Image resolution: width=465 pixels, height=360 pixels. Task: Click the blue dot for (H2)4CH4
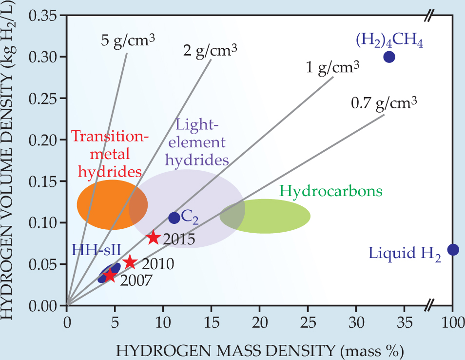pos(389,57)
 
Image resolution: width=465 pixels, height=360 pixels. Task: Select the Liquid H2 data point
pos(453,249)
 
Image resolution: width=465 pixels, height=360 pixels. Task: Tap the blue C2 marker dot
pos(174,218)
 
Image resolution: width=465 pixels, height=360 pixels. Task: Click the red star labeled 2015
pos(154,238)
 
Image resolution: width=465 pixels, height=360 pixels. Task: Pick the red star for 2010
pos(130,262)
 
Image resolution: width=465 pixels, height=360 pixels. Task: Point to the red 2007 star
pos(110,276)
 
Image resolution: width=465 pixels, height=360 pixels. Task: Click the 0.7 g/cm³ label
pos(384,103)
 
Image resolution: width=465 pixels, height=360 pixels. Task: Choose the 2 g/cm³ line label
pos(210,50)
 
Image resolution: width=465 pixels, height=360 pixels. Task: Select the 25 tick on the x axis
pos(308,322)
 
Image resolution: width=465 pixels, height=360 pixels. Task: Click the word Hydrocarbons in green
pos(330,191)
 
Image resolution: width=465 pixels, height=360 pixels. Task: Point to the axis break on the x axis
pos(428,306)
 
